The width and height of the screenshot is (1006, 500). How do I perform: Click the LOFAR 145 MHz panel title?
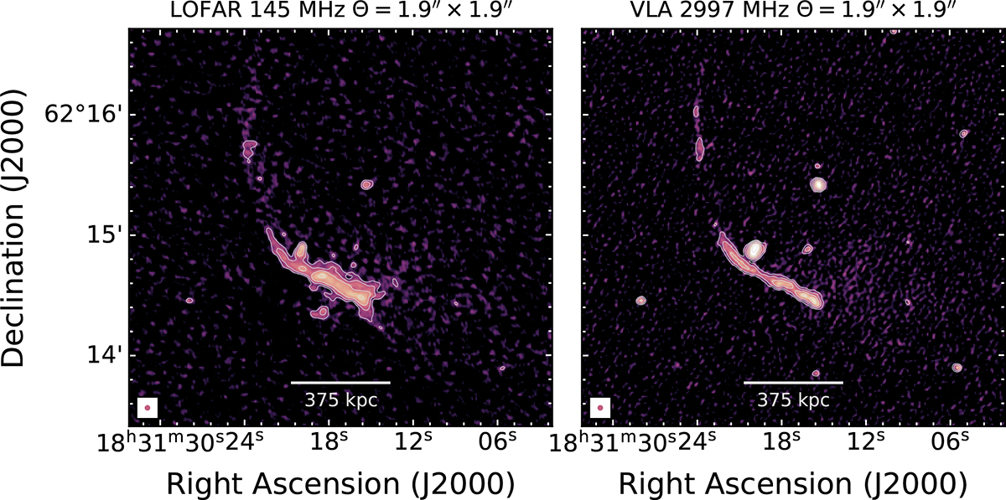(x=340, y=10)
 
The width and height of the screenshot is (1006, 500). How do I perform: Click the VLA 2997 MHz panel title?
(x=793, y=10)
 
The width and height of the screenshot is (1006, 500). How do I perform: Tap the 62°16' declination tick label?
(x=83, y=115)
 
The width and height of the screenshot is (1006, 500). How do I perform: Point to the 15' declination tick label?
(x=104, y=235)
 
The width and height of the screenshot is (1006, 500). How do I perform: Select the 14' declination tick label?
(x=104, y=355)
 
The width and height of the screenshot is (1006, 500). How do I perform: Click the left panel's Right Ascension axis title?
(x=340, y=484)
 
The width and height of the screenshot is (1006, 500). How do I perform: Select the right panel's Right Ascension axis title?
(x=793, y=484)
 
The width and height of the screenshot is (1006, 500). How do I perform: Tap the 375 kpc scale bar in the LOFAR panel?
(x=340, y=383)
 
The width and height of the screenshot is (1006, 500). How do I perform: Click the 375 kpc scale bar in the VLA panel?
(x=793, y=383)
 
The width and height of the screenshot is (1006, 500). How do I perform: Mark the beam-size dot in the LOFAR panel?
(x=148, y=408)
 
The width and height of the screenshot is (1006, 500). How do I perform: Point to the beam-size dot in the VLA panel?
(x=600, y=408)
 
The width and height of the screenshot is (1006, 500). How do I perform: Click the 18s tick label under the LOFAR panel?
(x=329, y=442)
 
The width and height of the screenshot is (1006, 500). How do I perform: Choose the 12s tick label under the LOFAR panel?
(x=413, y=442)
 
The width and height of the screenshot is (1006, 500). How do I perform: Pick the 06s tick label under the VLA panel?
(x=951, y=442)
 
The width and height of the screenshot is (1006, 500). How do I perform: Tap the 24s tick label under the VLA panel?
(x=697, y=442)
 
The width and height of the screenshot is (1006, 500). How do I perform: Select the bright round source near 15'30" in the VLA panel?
(x=818, y=184)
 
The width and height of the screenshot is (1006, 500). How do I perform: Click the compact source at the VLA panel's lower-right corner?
(x=957, y=368)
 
